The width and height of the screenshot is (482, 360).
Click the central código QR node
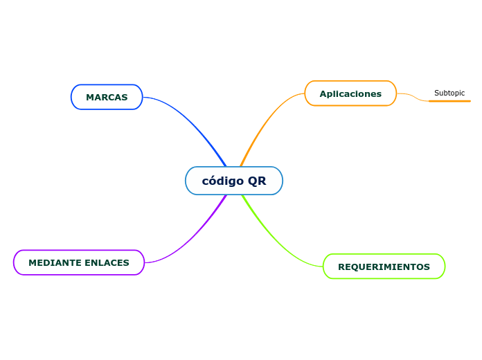(234, 181)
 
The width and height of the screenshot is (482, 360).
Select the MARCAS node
(107, 97)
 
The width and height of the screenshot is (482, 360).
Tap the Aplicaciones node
(350, 93)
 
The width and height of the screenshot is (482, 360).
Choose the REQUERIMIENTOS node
(384, 267)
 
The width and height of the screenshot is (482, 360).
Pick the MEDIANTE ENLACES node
(79, 262)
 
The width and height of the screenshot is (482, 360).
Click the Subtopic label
(449, 93)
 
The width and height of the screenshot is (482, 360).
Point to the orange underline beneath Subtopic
(449, 101)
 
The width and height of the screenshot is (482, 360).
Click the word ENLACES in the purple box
(107, 263)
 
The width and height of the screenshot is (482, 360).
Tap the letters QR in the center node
(257, 181)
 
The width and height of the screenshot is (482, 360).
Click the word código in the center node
(223, 181)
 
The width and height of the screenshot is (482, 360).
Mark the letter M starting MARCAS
(89, 98)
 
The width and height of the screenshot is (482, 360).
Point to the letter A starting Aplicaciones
(323, 93)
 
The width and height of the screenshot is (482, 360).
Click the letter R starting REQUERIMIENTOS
(341, 267)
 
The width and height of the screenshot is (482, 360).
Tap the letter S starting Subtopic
(436, 93)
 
